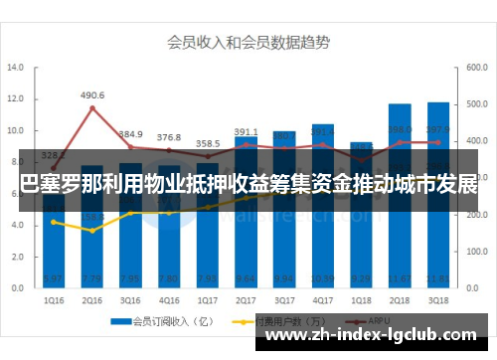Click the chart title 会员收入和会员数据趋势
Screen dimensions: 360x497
(x=248, y=42)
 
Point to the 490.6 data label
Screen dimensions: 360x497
(x=92, y=95)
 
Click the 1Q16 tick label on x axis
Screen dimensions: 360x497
(x=54, y=299)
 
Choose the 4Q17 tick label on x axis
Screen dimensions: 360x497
(x=323, y=299)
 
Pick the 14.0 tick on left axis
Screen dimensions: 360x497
(x=17, y=69)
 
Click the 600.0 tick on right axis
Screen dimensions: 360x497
(x=474, y=69)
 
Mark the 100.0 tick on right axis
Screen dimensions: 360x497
(x=474, y=251)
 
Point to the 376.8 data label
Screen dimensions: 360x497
(x=169, y=137)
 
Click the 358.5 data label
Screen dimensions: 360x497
(x=208, y=144)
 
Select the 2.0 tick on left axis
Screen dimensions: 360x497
(x=17, y=256)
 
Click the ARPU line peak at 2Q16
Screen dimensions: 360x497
(x=92, y=108)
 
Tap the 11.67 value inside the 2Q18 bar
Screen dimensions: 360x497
(x=400, y=279)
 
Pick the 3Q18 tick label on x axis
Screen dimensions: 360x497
(x=438, y=299)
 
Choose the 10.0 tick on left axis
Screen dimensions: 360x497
(x=17, y=130)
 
